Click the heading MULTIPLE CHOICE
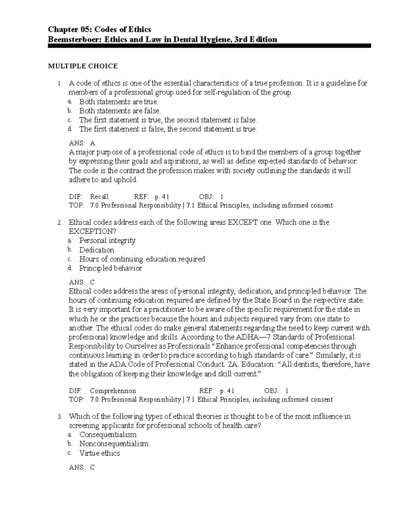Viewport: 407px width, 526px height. click(x=83, y=66)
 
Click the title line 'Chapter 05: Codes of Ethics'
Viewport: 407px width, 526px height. click(x=100, y=29)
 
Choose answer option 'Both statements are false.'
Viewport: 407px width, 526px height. click(x=120, y=111)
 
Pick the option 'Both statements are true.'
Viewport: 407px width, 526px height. click(x=119, y=102)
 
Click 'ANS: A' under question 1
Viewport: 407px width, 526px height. click(x=82, y=143)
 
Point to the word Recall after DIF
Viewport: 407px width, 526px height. click(x=99, y=196)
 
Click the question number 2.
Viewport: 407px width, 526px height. click(x=60, y=223)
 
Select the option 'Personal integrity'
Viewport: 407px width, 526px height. click(x=107, y=240)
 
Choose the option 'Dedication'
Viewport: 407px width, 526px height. click(x=97, y=250)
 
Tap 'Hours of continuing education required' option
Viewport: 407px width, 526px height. click(x=142, y=259)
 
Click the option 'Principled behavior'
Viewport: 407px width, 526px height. click(x=111, y=268)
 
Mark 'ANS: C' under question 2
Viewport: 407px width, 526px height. click(x=82, y=282)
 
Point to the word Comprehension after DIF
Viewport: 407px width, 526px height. click(x=113, y=391)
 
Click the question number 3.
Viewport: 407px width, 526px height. click(x=60, y=417)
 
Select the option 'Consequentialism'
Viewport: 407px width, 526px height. click(x=108, y=435)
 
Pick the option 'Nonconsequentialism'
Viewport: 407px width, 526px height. click(x=114, y=444)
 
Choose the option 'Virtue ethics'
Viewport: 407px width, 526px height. click(x=100, y=453)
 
